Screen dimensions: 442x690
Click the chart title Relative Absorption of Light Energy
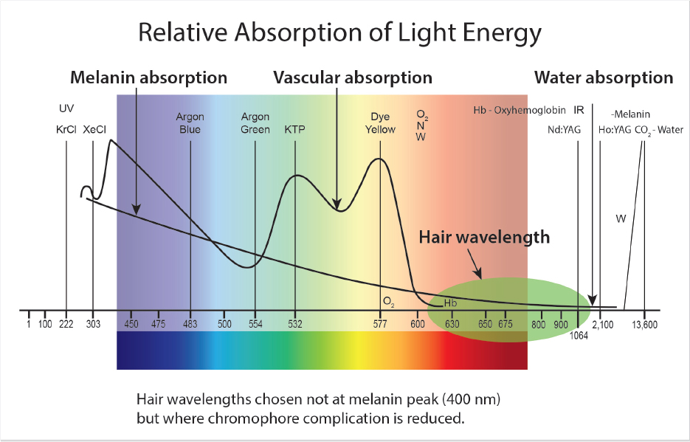(x=340, y=33)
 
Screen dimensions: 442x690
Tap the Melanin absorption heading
(x=148, y=77)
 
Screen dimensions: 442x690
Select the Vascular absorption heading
(x=353, y=77)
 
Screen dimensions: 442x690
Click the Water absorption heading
(x=604, y=77)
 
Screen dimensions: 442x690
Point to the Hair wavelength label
(x=484, y=238)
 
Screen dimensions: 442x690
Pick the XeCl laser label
(x=94, y=129)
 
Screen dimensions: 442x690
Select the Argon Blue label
(x=190, y=123)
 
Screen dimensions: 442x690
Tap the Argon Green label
(x=255, y=123)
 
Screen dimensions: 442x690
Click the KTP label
(x=294, y=129)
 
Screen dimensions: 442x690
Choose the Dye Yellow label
(x=382, y=123)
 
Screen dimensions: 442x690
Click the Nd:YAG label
(x=563, y=129)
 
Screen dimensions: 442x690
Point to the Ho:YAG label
(x=615, y=129)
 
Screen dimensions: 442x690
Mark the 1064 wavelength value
(x=580, y=336)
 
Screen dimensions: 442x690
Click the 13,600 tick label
(x=644, y=324)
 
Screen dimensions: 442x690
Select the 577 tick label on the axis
(x=380, y=324)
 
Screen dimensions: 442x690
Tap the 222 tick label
(x=66, y=324)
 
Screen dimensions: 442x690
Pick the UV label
(x=66, y=109)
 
